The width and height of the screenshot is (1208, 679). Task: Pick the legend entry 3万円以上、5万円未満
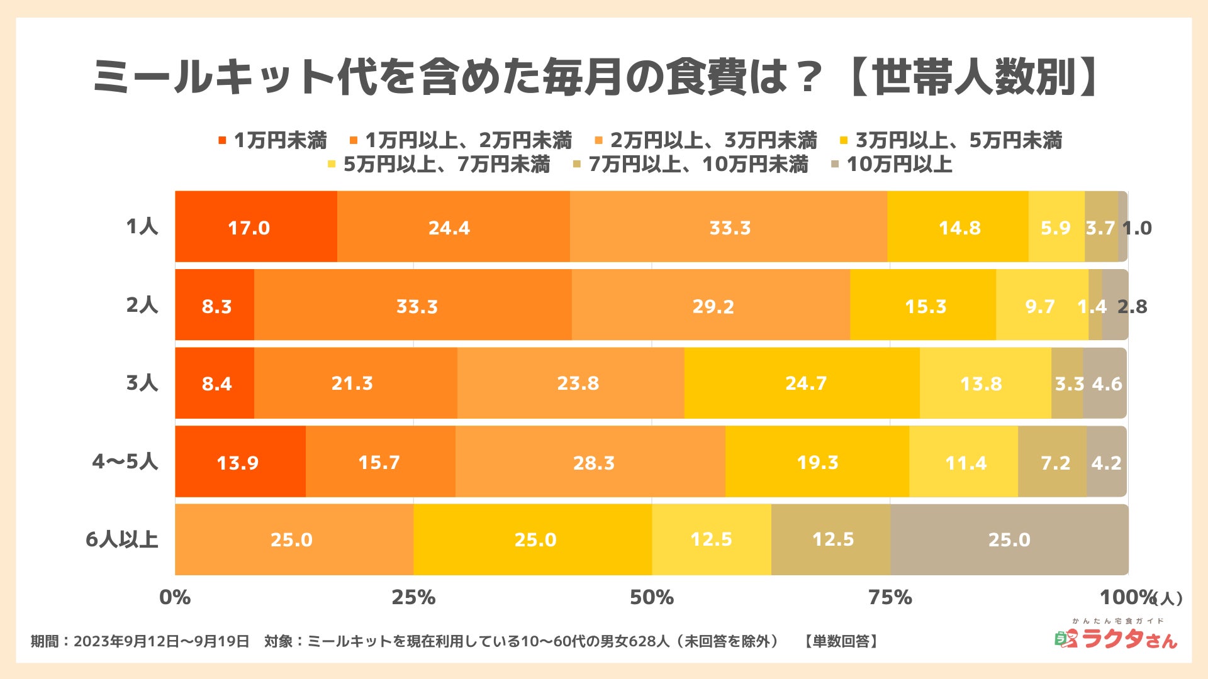click(x=951, y=140)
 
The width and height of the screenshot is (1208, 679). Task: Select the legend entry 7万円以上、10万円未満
click(x=691, y=165)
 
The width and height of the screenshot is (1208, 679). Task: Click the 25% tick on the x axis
click(x=413, y=597)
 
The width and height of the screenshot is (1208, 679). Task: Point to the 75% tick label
click(x=890, y=597)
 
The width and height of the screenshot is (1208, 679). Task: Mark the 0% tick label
click(x=175, y=597)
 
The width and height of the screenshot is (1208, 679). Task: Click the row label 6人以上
click(x=121, y=539)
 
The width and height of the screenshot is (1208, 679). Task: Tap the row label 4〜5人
click(x=125, y=461)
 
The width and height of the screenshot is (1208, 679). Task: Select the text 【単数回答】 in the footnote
click(x=841, y=641)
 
